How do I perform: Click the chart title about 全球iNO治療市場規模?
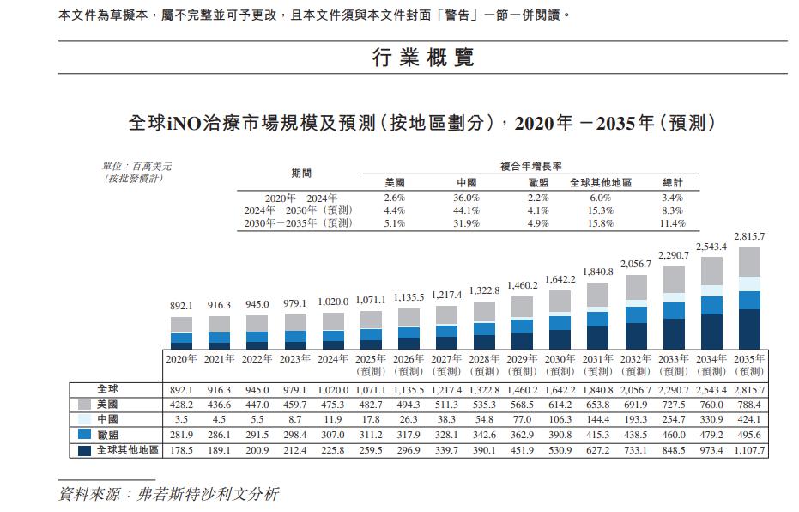point(421,123)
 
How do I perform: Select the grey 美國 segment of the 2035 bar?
point(749,262)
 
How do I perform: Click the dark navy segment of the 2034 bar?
point(711,331)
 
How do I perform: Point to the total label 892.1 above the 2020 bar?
point(181,305)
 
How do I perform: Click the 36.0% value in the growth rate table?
point(467,198)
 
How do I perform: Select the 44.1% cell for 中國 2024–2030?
point(467,210)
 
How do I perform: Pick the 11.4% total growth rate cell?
point(673,223)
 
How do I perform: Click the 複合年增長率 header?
point(531,166)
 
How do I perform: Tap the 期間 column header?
point(301,174)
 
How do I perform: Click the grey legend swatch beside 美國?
point(85,404)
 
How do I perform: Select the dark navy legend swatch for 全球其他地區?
point(85,450)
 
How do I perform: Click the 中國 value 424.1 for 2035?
point(748,419)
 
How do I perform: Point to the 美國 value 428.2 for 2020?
point(181,404)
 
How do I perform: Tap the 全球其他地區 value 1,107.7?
point(748,450)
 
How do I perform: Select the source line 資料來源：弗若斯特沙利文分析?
point(168,495)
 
